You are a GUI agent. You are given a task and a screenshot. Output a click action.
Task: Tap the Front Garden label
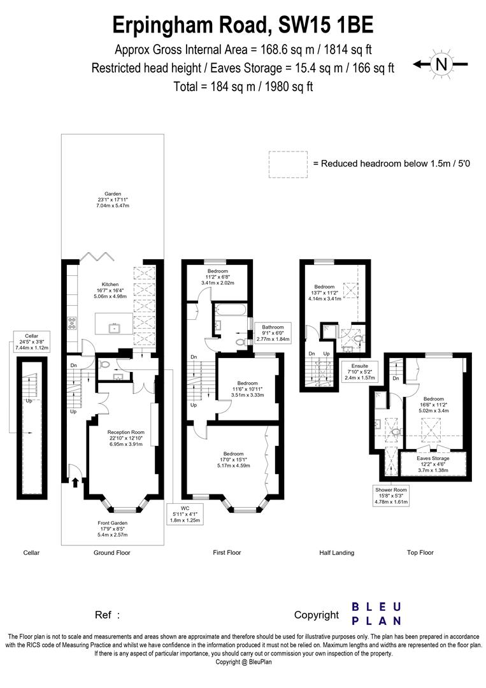pos(112,528)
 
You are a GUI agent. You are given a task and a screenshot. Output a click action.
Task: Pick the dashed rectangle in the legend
pos(287,164)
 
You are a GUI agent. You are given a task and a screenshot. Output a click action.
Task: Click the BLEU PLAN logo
pos(376,613)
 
